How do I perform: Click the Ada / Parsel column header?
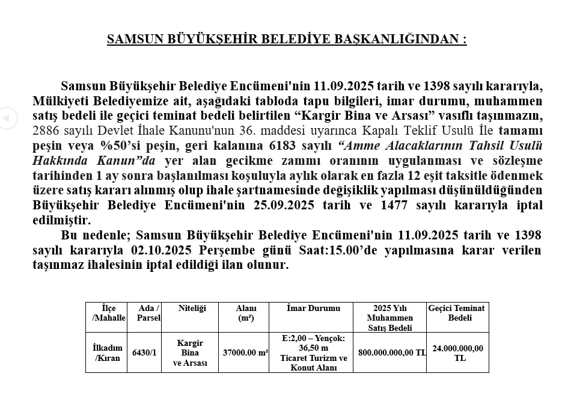tap(148, 313)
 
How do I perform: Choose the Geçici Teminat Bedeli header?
tap(456, 313)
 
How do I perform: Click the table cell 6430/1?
tap(144, 352)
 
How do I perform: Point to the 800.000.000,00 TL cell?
tap(392, 352)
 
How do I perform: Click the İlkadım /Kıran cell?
tap(108, 353)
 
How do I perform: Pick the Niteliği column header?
tap(192, 309)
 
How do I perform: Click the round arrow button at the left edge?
tap(6, 118)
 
